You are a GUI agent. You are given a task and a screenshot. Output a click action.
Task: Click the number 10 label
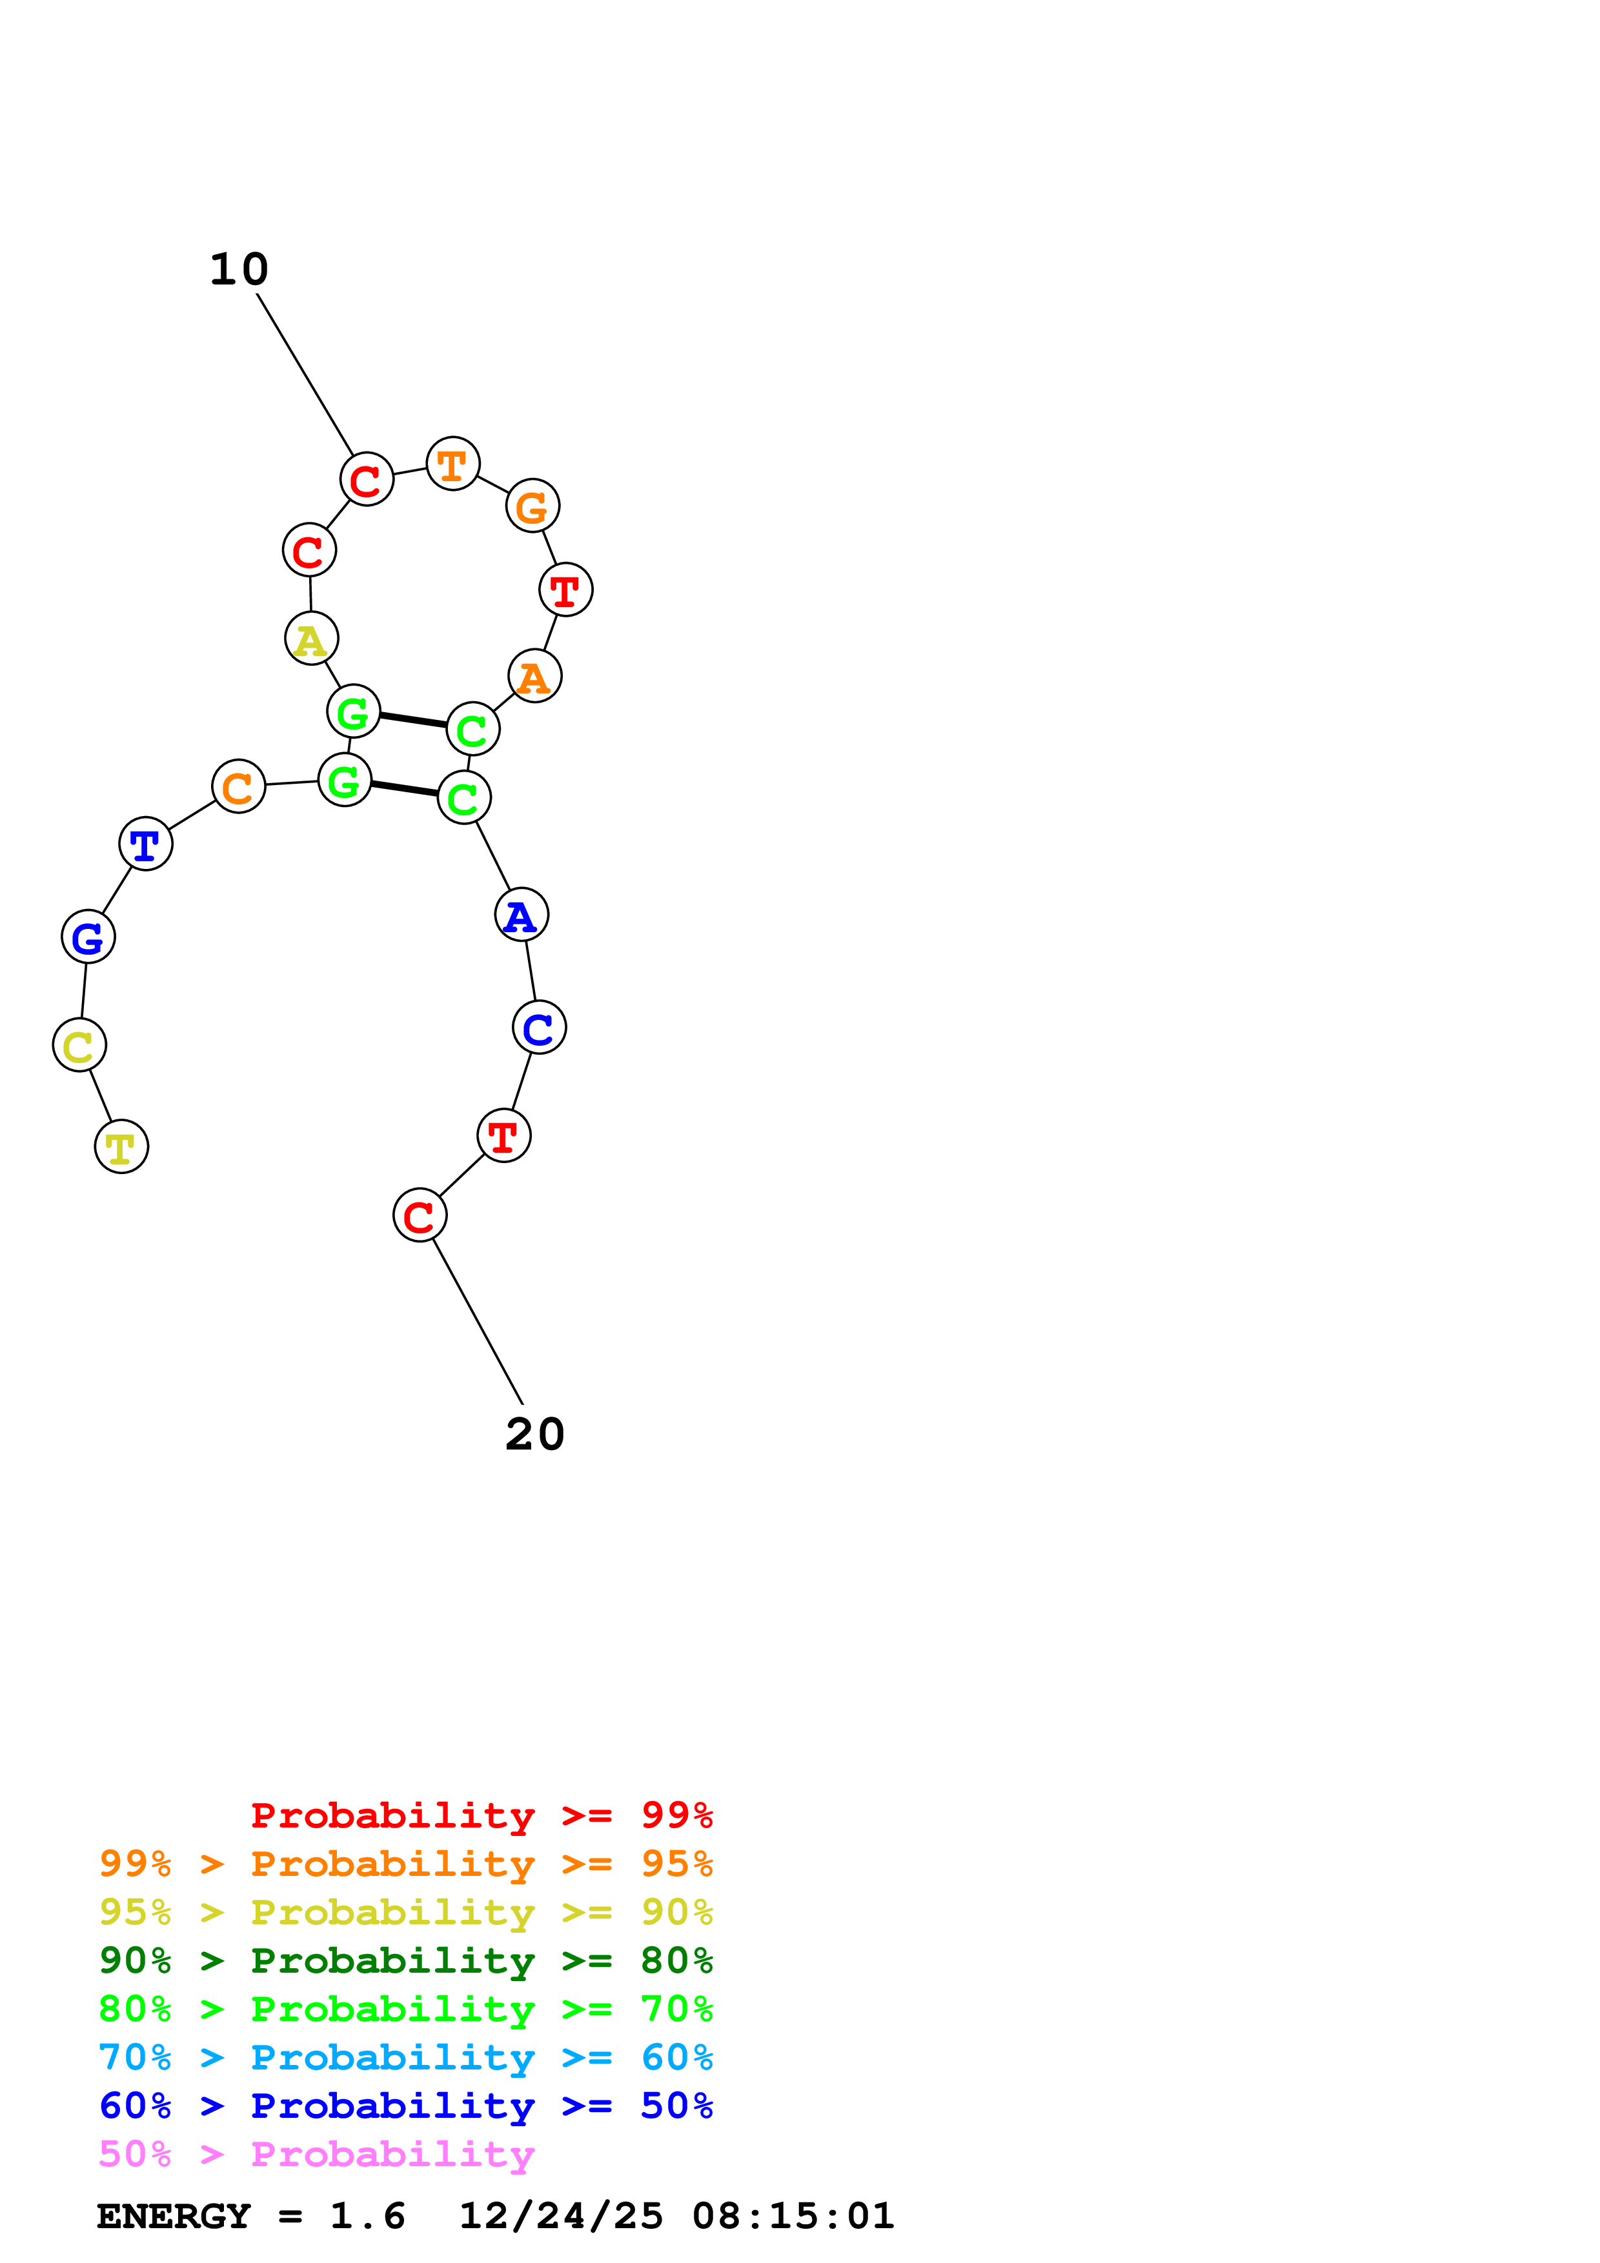click(239, 269)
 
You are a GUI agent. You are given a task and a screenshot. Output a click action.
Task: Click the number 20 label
click(534, 1434)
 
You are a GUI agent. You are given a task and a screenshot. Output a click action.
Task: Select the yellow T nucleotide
click(121, 1146)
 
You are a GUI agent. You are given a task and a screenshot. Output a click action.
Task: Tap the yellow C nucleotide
click(79, 1045)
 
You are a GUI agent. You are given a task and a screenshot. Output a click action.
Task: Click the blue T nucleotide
click(146, 844)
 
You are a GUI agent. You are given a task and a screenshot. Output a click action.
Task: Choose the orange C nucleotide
click(239, 786)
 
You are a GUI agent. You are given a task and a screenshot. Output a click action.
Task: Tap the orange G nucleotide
click(532, 506)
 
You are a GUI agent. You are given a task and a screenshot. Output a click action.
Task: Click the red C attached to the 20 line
click(420, 1215)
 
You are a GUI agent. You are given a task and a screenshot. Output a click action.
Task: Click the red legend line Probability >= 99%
click(481, 1815)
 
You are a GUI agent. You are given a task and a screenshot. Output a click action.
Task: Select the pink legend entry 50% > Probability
click(316, 2155)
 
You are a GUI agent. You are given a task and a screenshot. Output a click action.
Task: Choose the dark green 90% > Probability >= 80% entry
click(405, 1961)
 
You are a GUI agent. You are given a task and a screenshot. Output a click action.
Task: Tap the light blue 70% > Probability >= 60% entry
click(405, 2058)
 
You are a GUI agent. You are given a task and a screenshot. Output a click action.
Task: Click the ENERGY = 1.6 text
click(250, 2217)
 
